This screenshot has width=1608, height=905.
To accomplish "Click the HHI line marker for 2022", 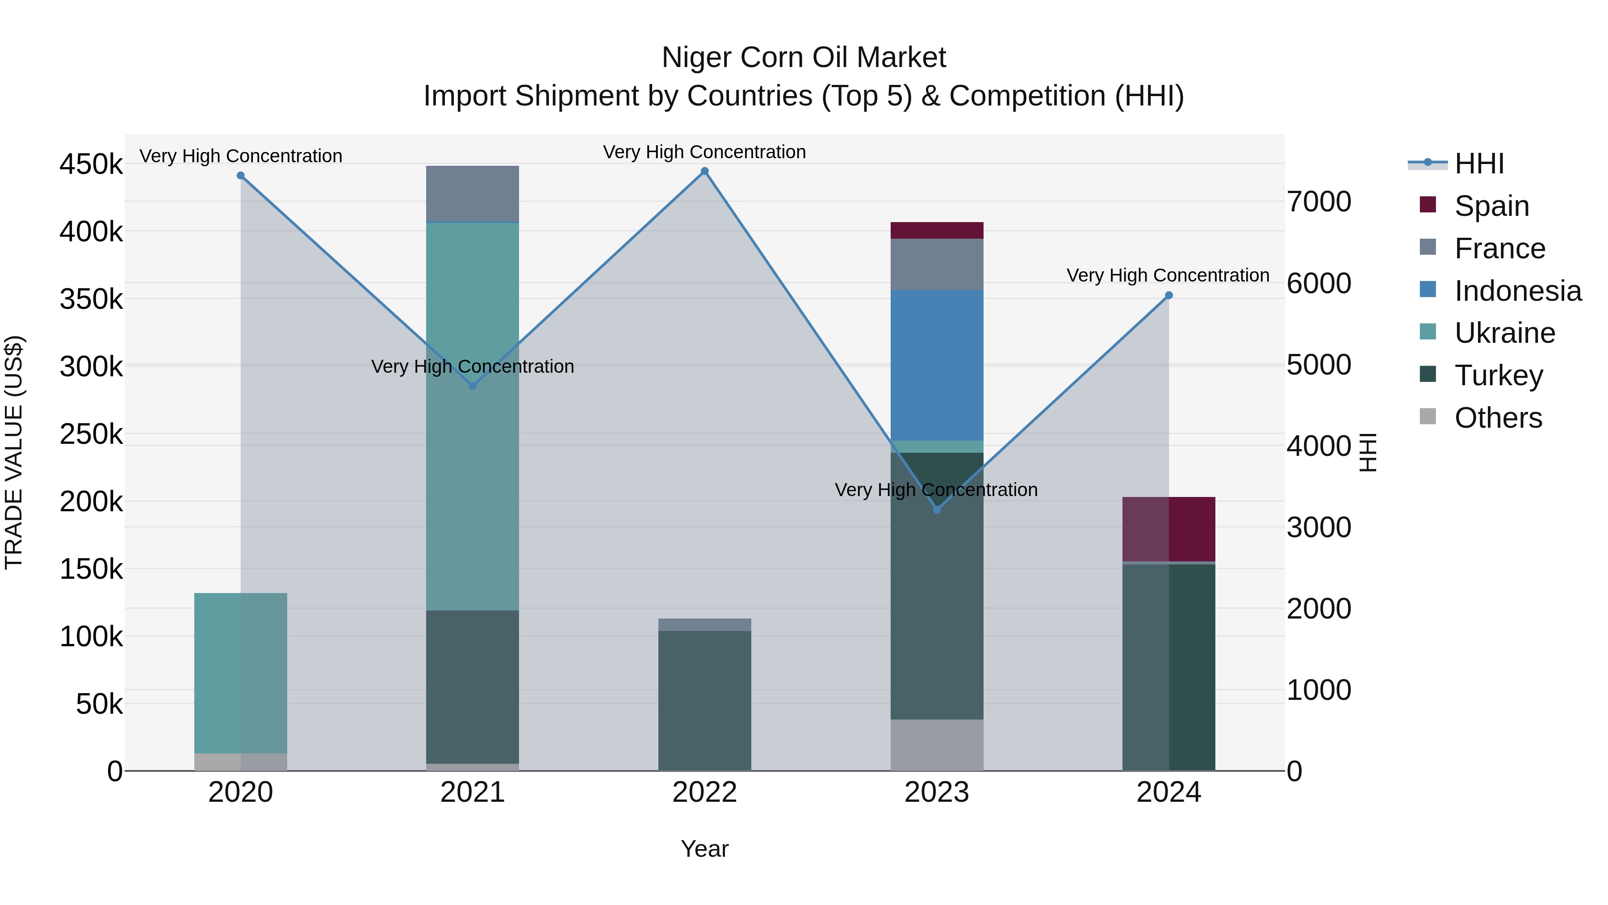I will (x=705, y=171).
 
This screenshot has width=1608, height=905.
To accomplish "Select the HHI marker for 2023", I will (x=936, y=509).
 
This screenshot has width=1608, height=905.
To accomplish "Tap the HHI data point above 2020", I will (x=241, y=176).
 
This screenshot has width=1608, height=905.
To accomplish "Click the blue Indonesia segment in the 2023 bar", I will (x=936, y=366).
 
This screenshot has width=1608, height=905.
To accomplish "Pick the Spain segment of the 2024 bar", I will (x=1168, y=529).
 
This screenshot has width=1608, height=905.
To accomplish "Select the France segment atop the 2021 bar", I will (x=473, y=194).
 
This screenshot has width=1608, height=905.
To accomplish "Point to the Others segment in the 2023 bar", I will (x=936, y=745).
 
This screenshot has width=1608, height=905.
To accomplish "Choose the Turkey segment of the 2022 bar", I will (x=705, y=700).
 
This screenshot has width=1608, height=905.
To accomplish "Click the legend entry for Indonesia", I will (x=1517, y=291).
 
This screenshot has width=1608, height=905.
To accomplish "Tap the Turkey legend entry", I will (x=1498, y=375).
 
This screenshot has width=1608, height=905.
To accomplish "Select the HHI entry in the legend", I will (x=1478, y=164).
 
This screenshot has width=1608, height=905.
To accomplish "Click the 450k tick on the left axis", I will (x=91, y=165).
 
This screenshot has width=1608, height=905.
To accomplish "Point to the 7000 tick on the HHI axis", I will (x=1319, y=202).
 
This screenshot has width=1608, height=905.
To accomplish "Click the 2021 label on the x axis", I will (x=473, y=792).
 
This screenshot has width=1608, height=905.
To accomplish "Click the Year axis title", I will (x=705, y=849).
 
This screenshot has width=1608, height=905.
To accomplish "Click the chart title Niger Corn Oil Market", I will (x=804, y=58).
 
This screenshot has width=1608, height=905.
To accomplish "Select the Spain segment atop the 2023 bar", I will (x=936, y=231).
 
